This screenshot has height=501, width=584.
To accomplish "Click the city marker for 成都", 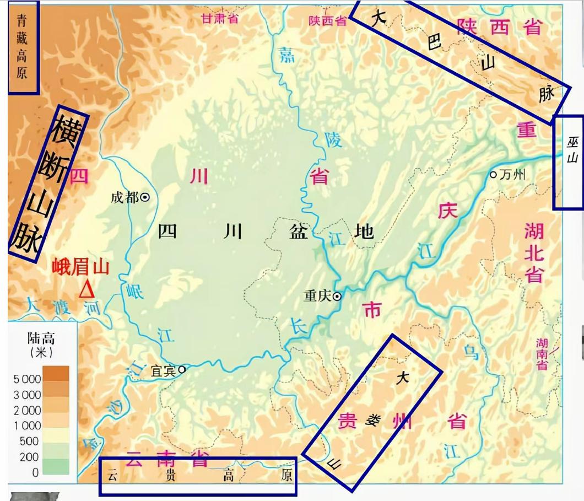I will (x=145, y=197).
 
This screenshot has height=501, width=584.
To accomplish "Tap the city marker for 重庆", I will (x=337, y=296).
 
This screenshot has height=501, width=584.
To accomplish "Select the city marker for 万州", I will (x=494, y=175).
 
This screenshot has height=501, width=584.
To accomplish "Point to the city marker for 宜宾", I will (x=181, y=369).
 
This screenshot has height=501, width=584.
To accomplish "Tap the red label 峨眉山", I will (x=80, y=267).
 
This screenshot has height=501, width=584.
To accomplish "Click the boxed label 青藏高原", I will (x=22, y=46).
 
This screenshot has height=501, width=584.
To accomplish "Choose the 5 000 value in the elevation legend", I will (x=27, y=379).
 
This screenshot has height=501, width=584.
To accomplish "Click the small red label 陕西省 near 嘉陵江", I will (x=327, y=20).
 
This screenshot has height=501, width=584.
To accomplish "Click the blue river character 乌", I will (x=471, y=353).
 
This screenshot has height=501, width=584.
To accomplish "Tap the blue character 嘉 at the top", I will (x=286, y=55).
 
